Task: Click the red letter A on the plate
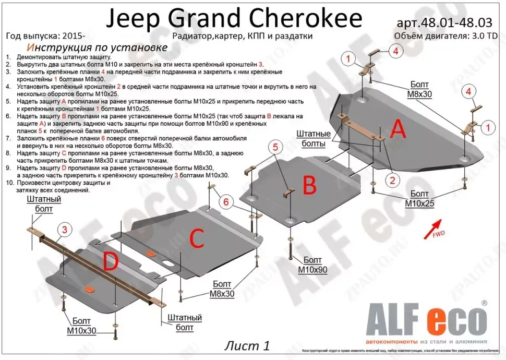click(398, 128)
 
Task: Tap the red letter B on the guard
click(309, 185)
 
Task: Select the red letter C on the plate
click(196, 239)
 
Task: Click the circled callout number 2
click(390, 180)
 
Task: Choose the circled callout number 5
click(275, 147)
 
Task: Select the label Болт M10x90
click(312, 265)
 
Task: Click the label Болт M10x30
click(81, 326)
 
